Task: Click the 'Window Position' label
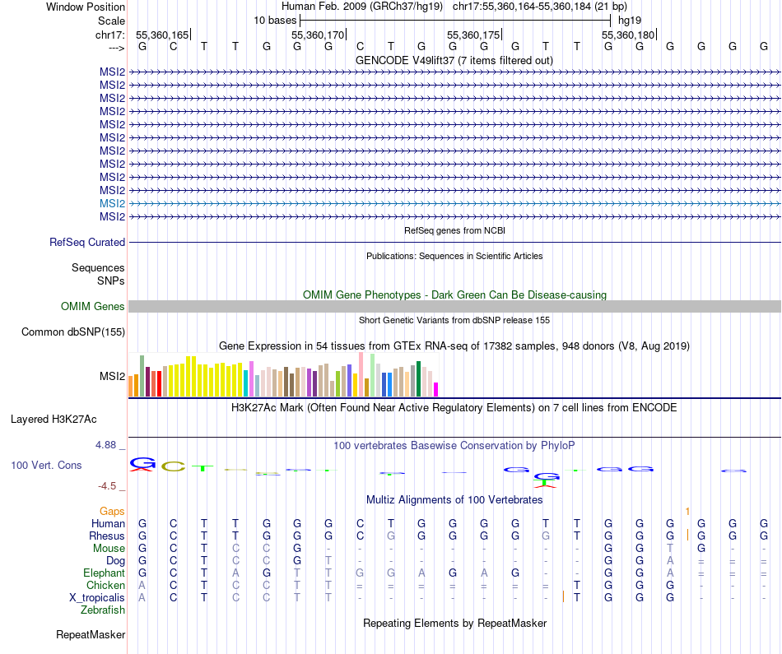[x=86, y=7]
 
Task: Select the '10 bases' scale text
[x=275, y=20]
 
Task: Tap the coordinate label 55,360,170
[x=318, y=35]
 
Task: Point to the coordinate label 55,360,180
[x=628, y=35]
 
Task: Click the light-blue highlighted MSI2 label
[x=112, y=203]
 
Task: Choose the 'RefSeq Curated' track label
[x=87, y=243]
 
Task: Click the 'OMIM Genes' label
[x=93, y=307]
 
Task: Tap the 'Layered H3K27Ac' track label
[x=54, y=419]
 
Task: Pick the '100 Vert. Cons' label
[x=46, y=466]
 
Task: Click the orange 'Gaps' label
[x=112, y=512]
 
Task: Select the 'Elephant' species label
[x=104, y=573]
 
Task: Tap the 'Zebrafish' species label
[x=103, y=610]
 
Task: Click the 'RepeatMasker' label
[x=91, y=635]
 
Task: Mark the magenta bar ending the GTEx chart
[x=436, y=388]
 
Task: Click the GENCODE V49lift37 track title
[x=454, y=60]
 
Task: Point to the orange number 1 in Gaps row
[x=687, y=512]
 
